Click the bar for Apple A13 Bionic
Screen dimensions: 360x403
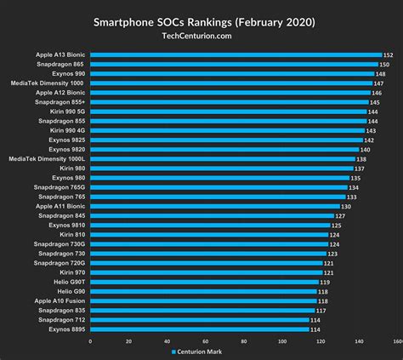[236, 55]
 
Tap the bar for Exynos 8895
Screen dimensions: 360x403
[199, 329]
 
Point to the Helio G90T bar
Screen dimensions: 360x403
[204, 282]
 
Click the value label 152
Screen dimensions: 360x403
[388, 55]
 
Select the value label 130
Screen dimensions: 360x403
[346, 207]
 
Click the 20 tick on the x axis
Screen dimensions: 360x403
[128, 342]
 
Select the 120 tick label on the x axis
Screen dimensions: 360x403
[320, 342]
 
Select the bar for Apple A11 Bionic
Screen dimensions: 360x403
[214, 207]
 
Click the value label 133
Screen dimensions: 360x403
[351, 197]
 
